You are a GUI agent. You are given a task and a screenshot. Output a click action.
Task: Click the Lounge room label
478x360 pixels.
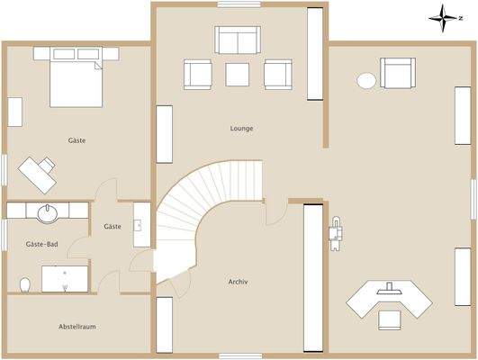point(241,129)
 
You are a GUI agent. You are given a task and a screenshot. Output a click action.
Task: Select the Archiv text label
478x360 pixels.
point(238,282)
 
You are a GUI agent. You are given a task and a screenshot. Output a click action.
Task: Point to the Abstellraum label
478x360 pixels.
point(77,327)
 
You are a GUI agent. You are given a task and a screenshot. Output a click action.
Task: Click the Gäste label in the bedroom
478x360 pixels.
point(77,140)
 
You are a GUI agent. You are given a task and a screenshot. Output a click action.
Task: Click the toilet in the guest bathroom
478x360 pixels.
point(24,284)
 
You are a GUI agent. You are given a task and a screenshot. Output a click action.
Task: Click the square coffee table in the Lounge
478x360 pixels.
point(238,73)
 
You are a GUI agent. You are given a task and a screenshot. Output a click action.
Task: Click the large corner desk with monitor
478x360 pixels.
point(389,298)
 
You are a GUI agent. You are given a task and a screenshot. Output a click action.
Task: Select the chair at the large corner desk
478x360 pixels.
point(389,319)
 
